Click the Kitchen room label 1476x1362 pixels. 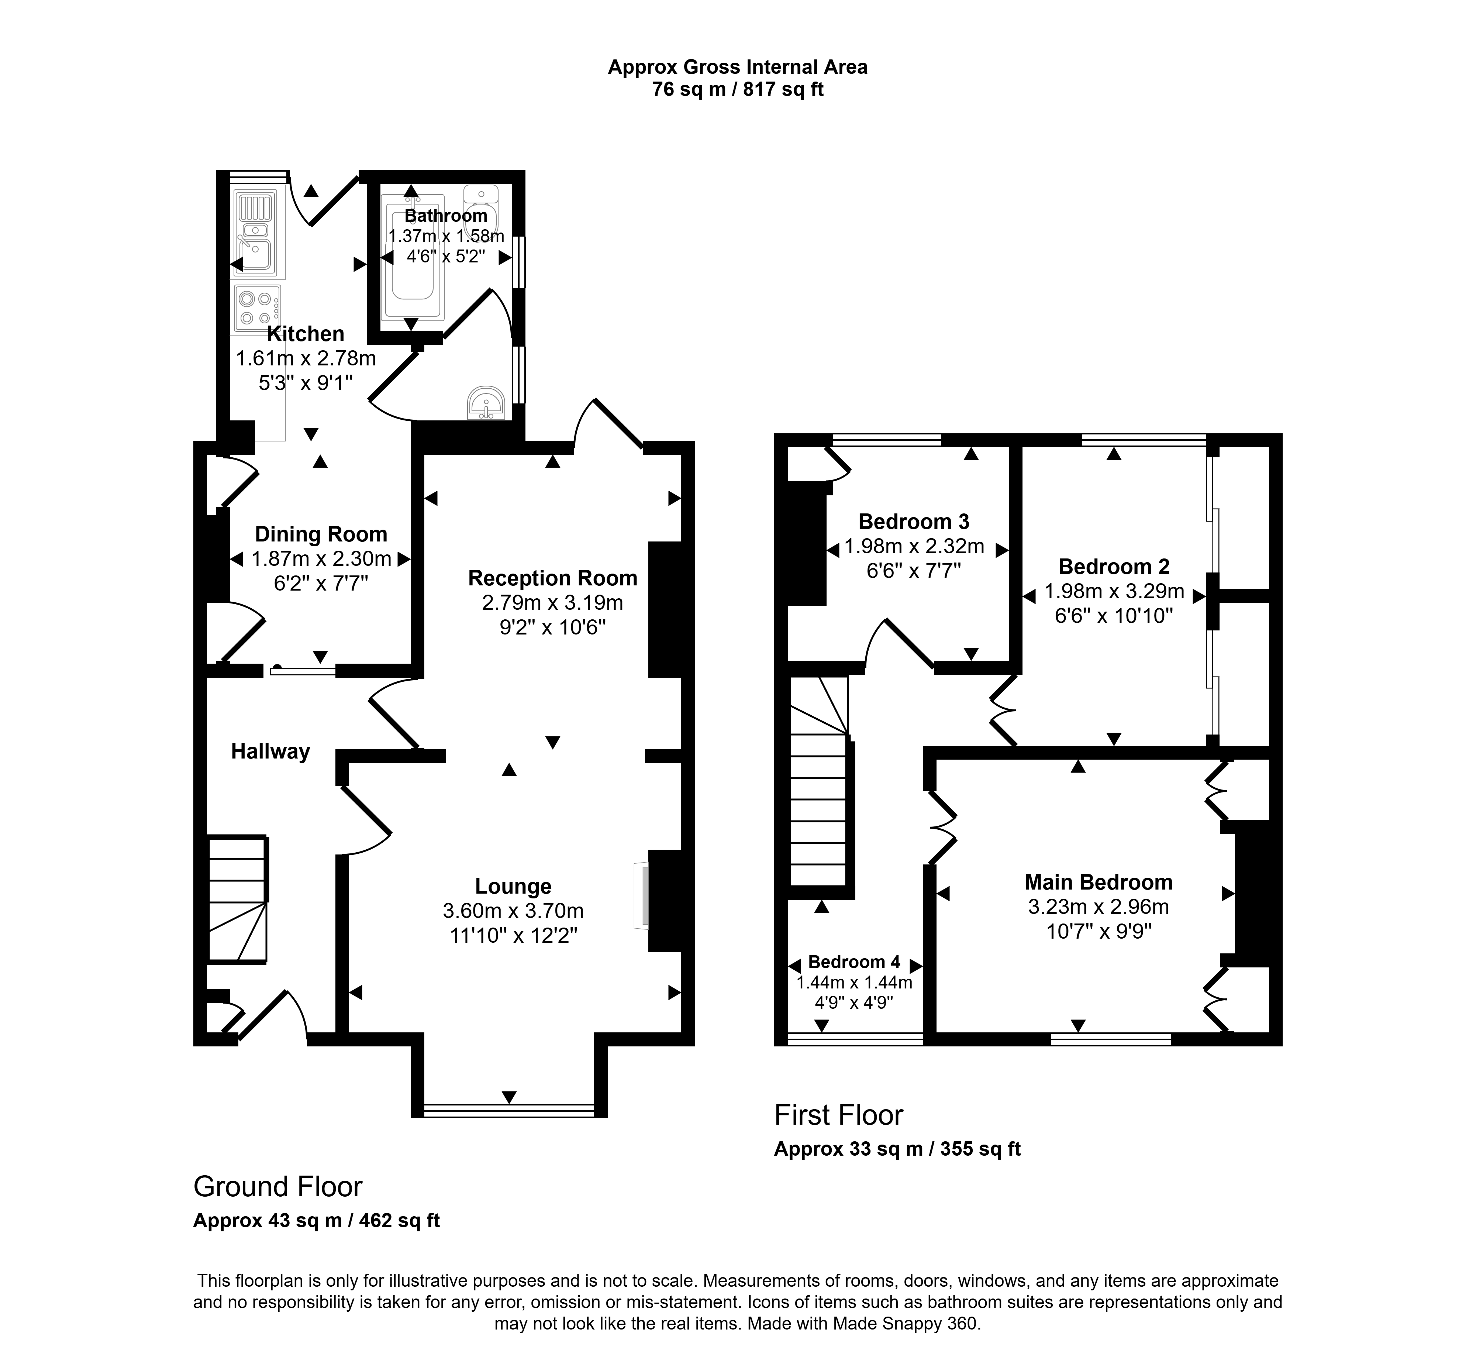point(305,334)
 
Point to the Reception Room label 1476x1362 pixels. point(553,578)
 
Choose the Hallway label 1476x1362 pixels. point(270,752)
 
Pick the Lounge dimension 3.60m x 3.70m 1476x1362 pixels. point(513,911)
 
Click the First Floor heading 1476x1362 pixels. point(839,1115)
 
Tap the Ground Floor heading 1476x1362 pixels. point(278,1187)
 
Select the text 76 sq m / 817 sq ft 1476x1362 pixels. point(738,89)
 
